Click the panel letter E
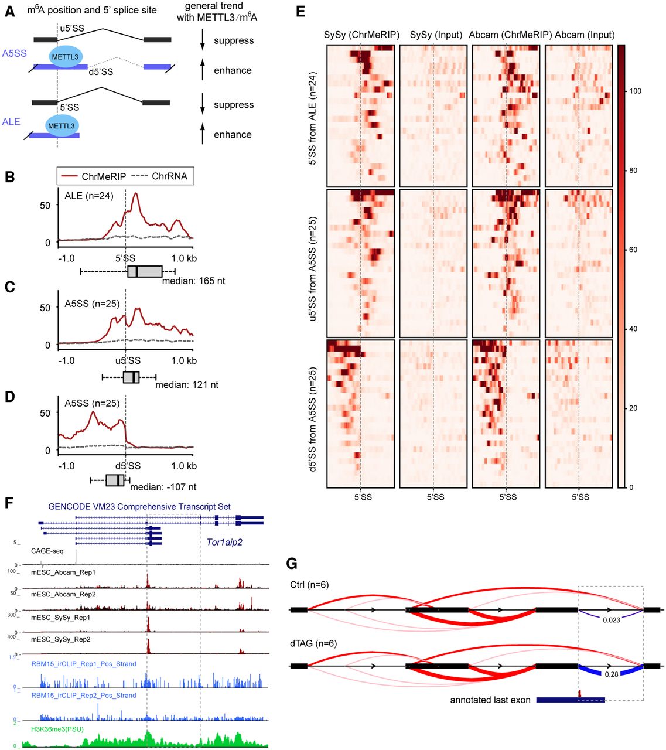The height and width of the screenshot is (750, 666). coord(300,11)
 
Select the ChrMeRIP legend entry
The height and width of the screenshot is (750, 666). coord(101,176)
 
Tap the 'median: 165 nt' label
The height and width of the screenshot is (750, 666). coord(193,281)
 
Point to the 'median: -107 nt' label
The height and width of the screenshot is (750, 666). coord(163,487)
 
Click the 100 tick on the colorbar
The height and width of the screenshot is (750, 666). coord(635,91)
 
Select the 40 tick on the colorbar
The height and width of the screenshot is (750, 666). coord(633,329)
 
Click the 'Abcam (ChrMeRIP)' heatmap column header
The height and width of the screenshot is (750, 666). coord(510,35)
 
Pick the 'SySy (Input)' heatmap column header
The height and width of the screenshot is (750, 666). coord(436,35)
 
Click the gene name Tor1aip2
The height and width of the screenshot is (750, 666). coord(224,542)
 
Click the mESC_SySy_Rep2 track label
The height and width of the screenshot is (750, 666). coord(61,639)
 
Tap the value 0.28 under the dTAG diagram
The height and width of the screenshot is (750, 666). coord(611,674)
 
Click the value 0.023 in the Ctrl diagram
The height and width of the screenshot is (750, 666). coord(611,620)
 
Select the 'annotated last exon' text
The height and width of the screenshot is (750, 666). coord(490,700)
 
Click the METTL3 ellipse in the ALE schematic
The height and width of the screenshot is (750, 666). coord(62,126)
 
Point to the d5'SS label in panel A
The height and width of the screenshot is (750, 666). coord(101,72)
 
